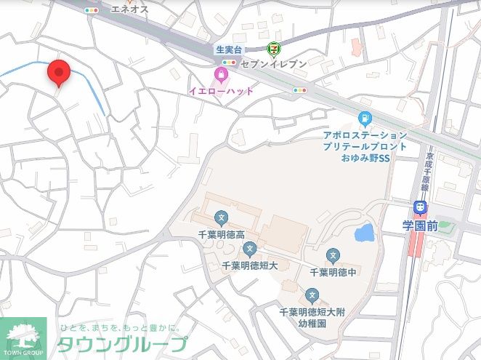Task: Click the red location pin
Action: pyautogui.click(x=58, y=73)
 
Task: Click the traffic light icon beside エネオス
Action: pyautogui.click(x=92, y=10)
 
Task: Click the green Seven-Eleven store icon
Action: pyautogui.click(x=274, y=49)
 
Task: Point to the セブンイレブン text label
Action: pyautogui.click(x=273, y=64)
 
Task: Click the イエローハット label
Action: pyautogui.click(x=221, y=91)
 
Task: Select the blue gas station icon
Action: pyautogui.click(x=365, y=119)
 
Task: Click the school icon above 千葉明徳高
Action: pyautogui.click(x=221, y=217)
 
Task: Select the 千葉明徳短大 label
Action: pyautogui.click(x=249, y=265)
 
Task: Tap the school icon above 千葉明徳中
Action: pyautogui.click(x=333, y=255)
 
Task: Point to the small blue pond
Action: pyautogui.click(x=363, y=233)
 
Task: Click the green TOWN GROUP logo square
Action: pyautogui.click(x=23, y=338)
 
